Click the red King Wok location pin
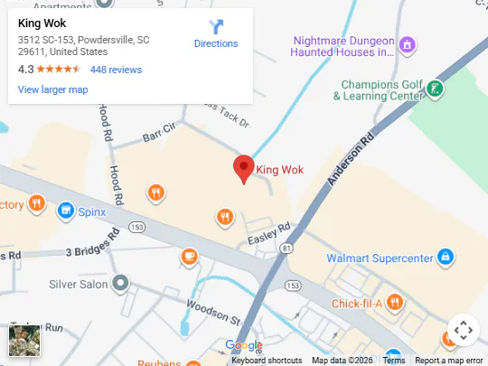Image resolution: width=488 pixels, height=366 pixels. tap(243, 168)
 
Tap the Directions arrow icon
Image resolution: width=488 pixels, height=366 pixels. tap(216, 26)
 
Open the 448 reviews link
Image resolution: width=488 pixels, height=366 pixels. tap(116, 70)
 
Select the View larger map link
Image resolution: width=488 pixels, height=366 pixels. tap(52, 89)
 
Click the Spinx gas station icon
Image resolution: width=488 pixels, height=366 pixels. tap(65, 211)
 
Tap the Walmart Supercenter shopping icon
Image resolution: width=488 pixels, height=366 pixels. tap(444, 258)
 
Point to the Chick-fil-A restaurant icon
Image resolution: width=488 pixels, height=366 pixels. tap(395, 302)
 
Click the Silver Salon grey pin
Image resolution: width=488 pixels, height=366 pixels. tap(120, 283)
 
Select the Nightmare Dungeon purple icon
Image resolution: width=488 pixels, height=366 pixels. tap(407, 44)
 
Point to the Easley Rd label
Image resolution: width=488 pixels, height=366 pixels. tap(269, 234)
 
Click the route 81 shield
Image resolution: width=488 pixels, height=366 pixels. tap(286, 247)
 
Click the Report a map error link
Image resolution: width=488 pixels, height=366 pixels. tap(448, 361)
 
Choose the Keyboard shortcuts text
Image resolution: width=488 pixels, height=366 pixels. tap(266, 361)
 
